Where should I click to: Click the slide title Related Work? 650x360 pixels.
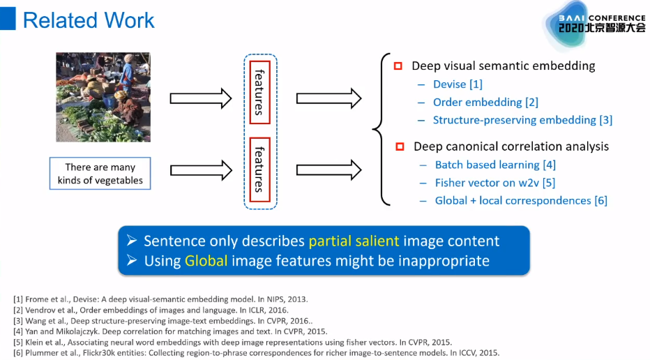coord(89,20)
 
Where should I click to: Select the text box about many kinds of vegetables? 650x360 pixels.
coord(100,174)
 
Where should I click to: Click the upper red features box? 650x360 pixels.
coord(259,91)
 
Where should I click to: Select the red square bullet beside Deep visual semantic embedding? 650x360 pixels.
coord(398,66)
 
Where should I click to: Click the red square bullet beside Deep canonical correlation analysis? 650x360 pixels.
coord(400,147)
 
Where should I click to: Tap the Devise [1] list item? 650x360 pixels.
coord(458,84)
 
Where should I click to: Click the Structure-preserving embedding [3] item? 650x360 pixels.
coord(522,120)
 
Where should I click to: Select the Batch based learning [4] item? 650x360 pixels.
coord(495,165)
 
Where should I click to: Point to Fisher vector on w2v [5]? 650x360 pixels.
coord(494,183)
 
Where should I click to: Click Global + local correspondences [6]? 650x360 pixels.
coord(521,201)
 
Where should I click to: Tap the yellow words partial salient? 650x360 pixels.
coord(354,241)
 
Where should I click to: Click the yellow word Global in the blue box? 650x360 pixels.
coord(206,262)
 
